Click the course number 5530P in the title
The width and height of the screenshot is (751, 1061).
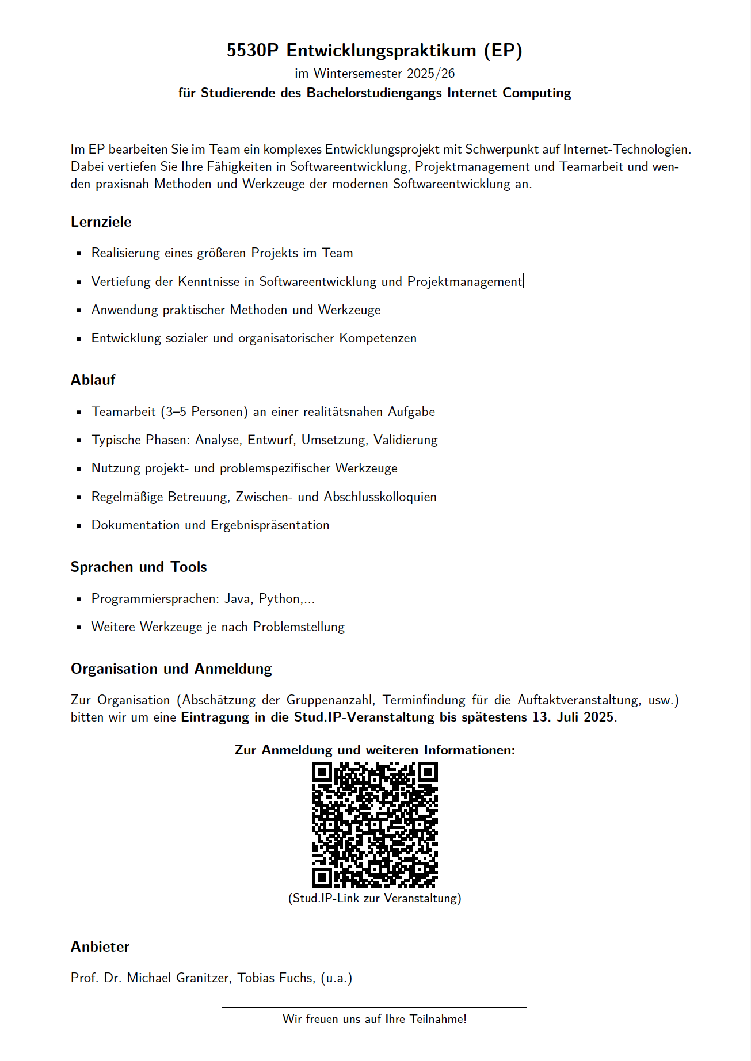252,51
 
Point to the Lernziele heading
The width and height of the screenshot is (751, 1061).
101,222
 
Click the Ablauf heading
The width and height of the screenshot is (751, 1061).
93,380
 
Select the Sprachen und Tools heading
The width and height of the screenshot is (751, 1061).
138,567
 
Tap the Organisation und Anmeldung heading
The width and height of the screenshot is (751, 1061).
171,669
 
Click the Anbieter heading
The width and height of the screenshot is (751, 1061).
100,947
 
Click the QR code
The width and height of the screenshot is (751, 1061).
375,825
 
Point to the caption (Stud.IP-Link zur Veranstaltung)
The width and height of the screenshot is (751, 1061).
375,899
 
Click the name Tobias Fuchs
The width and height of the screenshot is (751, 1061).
276,978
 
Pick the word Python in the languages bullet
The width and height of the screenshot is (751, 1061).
279,599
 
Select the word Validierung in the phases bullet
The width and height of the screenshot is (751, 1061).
405,440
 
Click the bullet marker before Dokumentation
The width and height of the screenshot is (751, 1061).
79,525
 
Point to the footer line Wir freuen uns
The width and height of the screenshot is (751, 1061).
375,1019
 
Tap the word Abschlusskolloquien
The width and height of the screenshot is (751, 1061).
380,497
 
